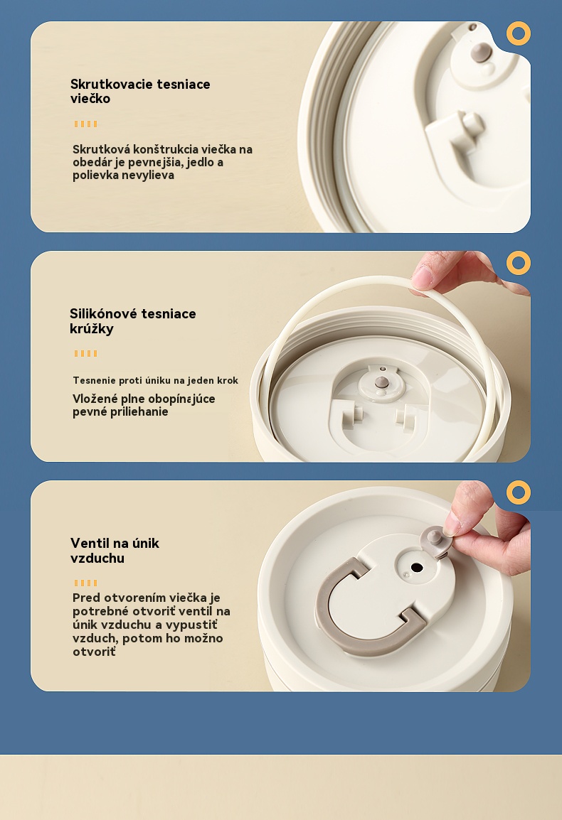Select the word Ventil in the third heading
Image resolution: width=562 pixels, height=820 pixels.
88,544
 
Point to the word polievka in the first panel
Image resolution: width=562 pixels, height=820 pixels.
95,176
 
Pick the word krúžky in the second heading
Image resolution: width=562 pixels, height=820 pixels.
92,329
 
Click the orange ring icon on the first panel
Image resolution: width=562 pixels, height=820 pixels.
519,33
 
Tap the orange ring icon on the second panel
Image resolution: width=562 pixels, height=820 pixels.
519,263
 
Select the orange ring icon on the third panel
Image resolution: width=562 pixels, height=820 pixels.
519,492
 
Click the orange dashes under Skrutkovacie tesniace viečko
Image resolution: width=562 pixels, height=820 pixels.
85,124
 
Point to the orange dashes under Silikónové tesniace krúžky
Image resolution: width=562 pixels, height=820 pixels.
85,354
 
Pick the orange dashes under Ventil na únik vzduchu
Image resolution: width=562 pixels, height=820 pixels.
85,583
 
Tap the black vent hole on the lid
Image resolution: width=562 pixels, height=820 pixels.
417,568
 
